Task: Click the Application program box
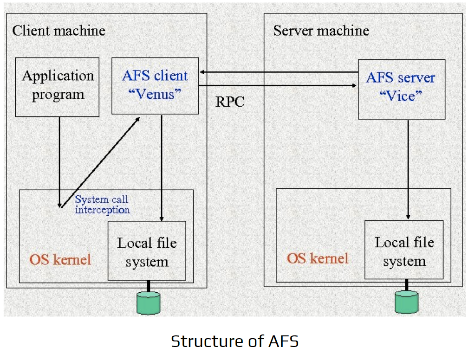point(57,87)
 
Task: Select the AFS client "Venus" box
point(155,85)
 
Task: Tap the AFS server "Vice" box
point(401,89)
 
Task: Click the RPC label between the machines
point(230,102)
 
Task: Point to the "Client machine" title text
point(58,31)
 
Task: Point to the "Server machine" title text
point(321,31)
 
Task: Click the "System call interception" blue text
point(102,205)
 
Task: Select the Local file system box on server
point(404,251)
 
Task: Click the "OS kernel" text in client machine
point(60,259)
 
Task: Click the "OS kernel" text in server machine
point(318,258)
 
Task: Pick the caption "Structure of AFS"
point(234,341)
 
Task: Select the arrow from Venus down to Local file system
point(162,167)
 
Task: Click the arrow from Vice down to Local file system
point(408,169)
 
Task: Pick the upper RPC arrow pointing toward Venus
point(279,72)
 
